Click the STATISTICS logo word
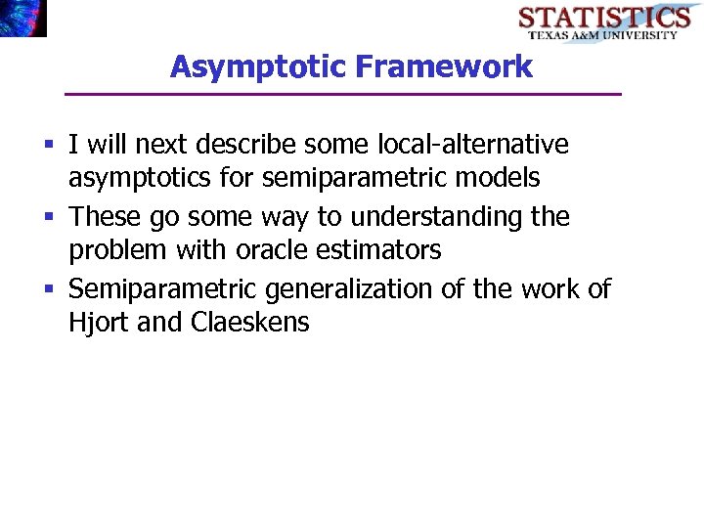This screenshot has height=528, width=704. tap(603, 18)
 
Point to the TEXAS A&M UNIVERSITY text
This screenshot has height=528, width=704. tap(603, 35)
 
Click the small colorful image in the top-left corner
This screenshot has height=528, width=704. tap(22, 18)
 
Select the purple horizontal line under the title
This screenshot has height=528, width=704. tap(342, 94)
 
